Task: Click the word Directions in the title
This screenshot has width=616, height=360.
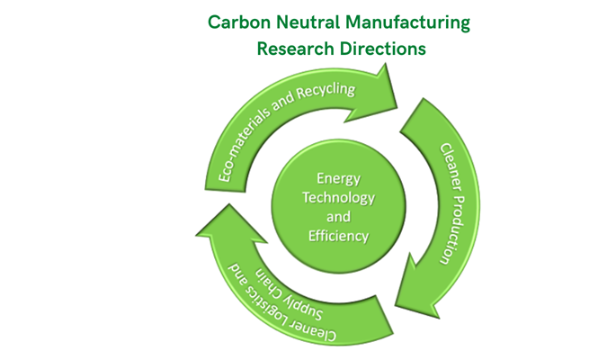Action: click(380, 49)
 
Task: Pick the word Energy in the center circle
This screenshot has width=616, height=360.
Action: click(333, 180)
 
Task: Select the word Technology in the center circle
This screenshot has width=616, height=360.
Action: click(333, 197)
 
